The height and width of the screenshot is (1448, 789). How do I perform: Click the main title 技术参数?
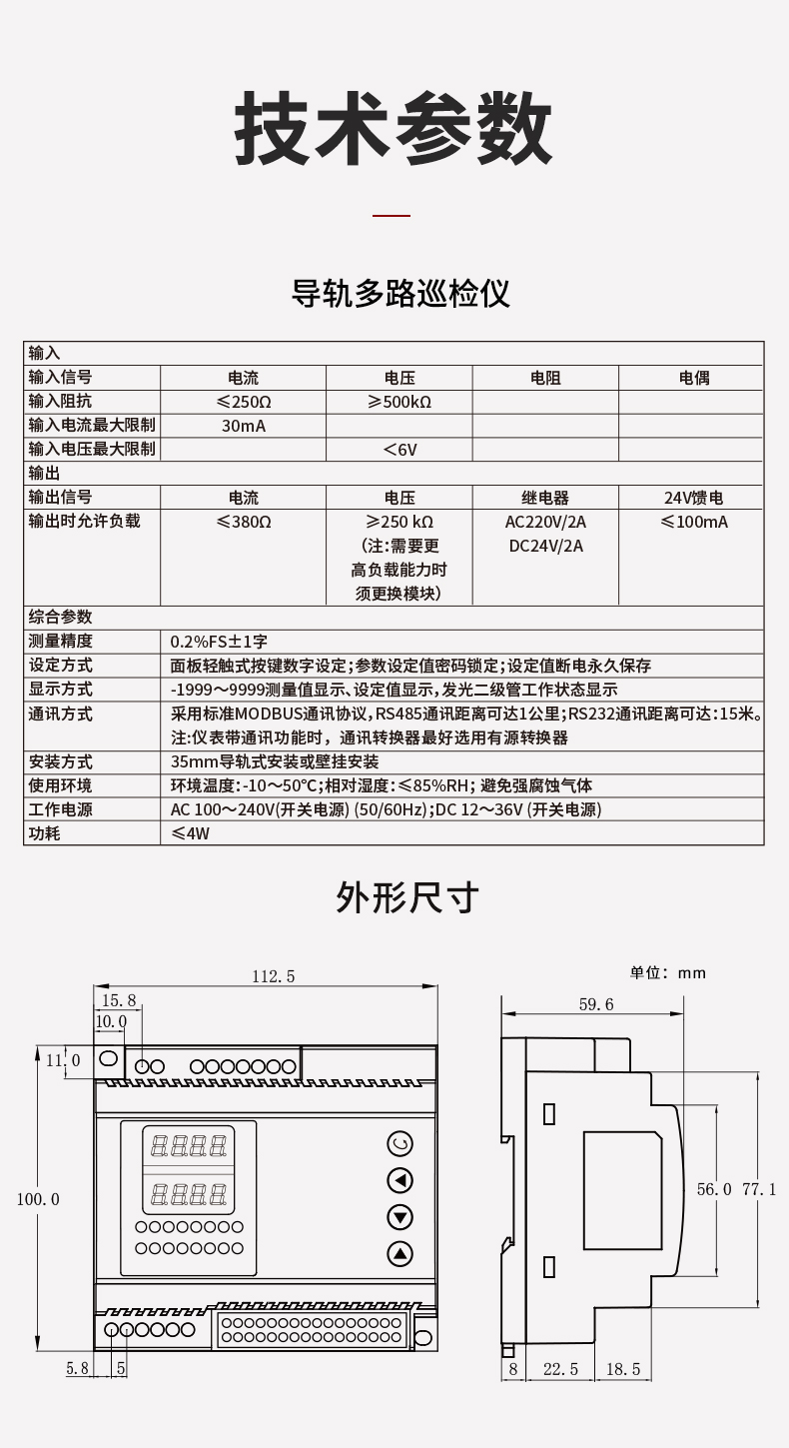(394, 130)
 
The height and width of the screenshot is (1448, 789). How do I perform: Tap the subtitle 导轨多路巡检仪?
(400, 294)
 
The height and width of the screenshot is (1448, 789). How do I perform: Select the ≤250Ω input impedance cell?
(243, 403)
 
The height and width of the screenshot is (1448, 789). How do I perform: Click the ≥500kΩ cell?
(398, 403)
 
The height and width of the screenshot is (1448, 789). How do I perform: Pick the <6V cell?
(398, 450)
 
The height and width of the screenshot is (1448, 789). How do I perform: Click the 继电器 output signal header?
(544, 498)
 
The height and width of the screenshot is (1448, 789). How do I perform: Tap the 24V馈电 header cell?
(693, 498)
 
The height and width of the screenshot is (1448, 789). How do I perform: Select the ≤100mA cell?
(693, 522)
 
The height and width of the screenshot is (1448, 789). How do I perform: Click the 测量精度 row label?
(61, 642)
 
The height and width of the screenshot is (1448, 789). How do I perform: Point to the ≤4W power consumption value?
(191, 833)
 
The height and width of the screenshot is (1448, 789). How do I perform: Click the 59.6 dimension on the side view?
(596, 1004)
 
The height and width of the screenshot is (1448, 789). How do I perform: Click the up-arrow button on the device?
(399, 1253)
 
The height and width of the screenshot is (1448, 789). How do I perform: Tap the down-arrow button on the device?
(399, 1216)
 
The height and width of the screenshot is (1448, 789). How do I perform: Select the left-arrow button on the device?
(399, 1180)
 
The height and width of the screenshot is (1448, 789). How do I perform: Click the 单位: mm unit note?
(667, 972)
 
